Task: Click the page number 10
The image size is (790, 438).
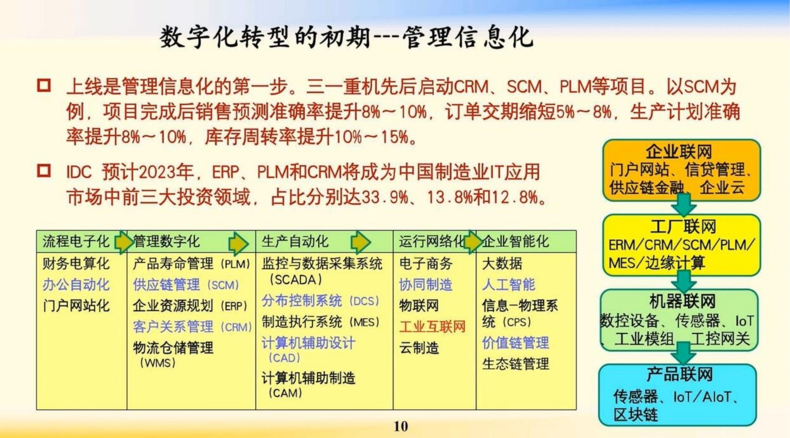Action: tap(401, 426)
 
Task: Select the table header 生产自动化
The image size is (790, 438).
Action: tap(295, 242)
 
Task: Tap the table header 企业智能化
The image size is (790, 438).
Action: tap(515, 242)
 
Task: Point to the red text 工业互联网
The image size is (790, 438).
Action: tap(432, 327)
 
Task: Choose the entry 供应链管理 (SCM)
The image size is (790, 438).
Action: tap(186, 285)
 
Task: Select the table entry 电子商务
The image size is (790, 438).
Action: tap(426, 263)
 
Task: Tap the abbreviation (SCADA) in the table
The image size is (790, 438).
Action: tap(296, 280)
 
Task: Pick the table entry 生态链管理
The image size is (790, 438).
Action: tap(515, 364)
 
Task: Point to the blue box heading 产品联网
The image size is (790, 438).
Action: tap(680, 374)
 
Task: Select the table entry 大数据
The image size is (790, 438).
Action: tap(502, 263)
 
